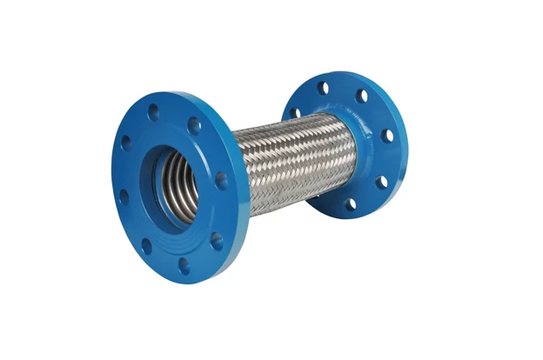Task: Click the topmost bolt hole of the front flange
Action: click(154, 111)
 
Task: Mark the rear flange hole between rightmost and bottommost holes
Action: click(381, 181)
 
